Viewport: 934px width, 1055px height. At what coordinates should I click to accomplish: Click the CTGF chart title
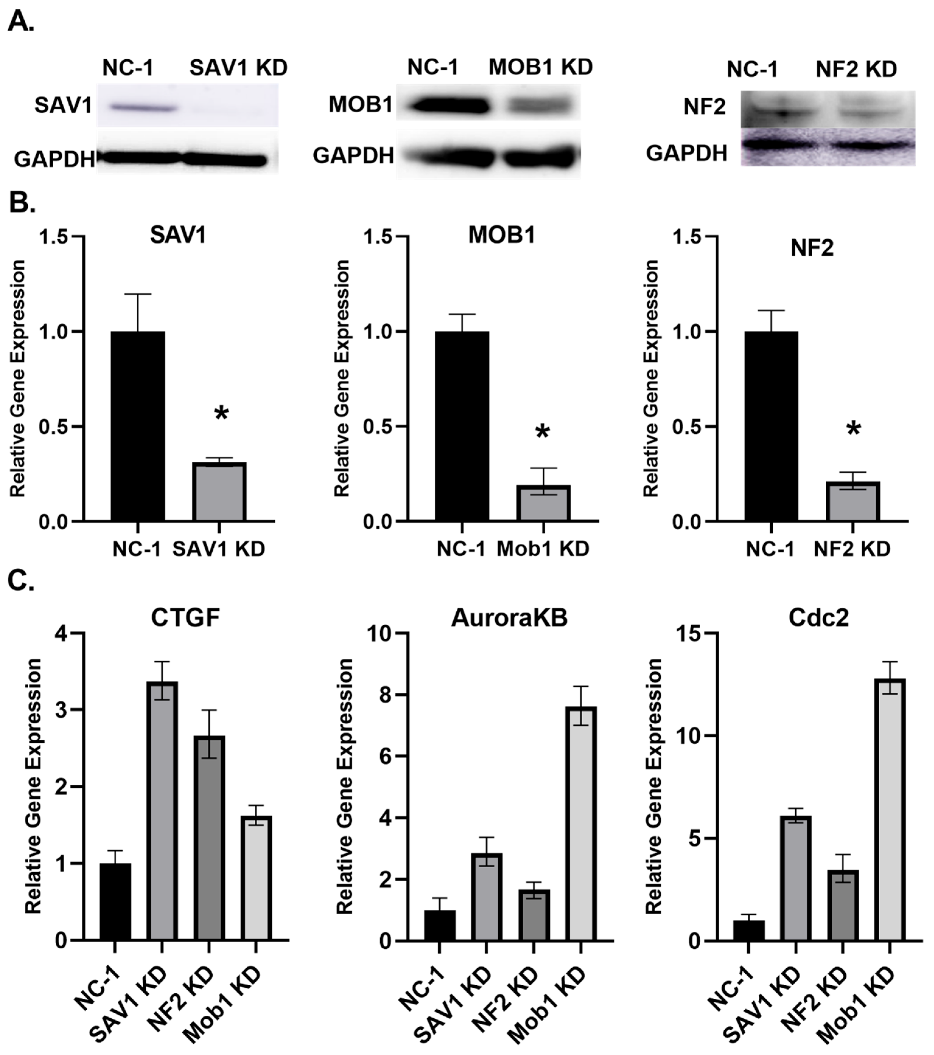pyautogui.click(x=185, y=617)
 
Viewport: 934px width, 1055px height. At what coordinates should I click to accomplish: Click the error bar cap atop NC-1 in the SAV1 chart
pyautogui.click(x=138, y=294)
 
